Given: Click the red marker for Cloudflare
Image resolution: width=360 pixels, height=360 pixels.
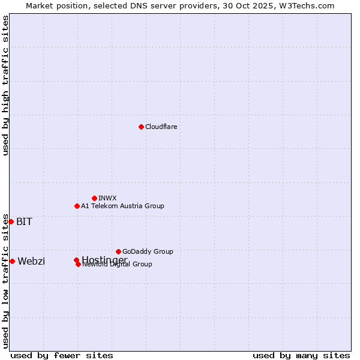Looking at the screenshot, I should pos(141,127).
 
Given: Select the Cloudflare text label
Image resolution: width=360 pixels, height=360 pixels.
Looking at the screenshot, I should pos(161,127).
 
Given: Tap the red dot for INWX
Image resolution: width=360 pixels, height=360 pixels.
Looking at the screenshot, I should pos(94,198).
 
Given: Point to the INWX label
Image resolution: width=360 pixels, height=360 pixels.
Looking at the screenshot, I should pos(107,198).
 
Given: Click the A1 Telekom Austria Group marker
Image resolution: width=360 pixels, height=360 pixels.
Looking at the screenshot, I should pos(77,206).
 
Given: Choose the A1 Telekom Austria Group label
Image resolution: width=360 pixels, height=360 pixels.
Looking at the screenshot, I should pos(122,206).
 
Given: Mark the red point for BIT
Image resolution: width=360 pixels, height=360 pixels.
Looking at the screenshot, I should pos(11,221).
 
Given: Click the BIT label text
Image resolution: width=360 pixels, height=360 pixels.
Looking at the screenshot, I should pos(24,221).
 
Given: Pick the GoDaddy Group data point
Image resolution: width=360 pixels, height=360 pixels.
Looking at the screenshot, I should pos(118,251).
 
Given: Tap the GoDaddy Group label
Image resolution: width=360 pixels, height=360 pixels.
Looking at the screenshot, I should pos(148,251).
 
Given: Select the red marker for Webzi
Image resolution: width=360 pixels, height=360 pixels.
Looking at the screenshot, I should pos(12,261).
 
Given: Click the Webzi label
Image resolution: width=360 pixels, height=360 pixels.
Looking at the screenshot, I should pos(31,261).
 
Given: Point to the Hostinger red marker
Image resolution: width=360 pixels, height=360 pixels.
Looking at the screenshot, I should pos(76,260).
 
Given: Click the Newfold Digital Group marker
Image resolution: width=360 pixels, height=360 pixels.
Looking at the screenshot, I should pos(78,264).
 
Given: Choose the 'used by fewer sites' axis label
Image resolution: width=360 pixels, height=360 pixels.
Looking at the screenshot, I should pos(62,356).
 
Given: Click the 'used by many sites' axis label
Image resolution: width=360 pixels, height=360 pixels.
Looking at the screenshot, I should pos(301,356).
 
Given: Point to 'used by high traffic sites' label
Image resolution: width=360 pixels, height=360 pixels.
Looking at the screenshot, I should pos(5,85).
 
